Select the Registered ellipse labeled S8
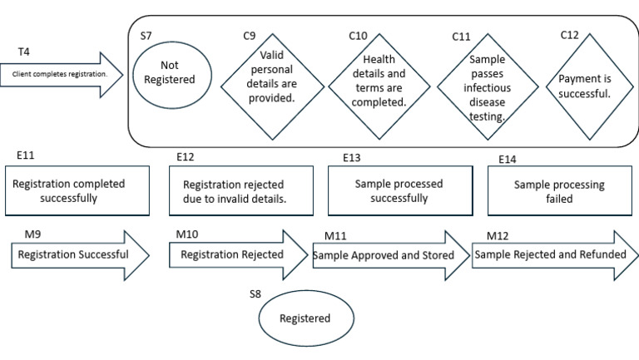(304, 318)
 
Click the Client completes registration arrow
(62, 73)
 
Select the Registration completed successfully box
(77, 191)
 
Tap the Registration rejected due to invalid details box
(240, 191)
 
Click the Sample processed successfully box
(399, 191)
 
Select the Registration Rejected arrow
(237, 254)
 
